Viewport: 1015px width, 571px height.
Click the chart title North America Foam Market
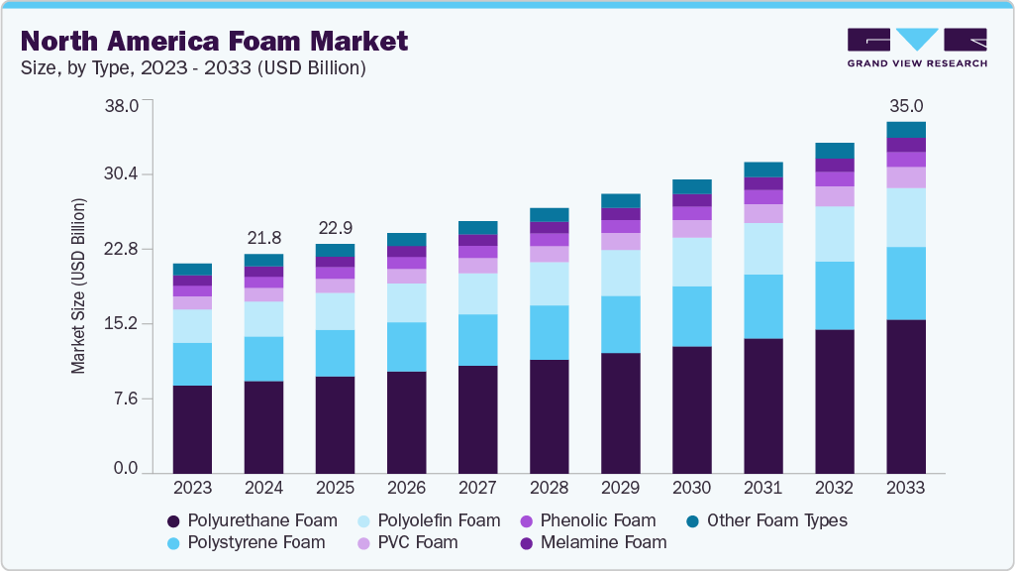click(214, 41)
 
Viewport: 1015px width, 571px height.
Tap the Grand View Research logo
click(917, 48)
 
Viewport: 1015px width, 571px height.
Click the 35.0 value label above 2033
click(905, 106)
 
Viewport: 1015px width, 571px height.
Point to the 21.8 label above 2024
click(263, 238)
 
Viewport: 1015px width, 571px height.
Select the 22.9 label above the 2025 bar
click(335, 228)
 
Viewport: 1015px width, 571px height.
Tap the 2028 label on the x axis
click(549, 488)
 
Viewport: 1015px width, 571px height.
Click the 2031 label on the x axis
click(762, 488)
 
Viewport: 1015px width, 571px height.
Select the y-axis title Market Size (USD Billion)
click(78, 285)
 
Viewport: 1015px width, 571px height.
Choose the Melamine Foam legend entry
click(605, 542)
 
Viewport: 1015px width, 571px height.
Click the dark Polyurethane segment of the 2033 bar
click(905, 397)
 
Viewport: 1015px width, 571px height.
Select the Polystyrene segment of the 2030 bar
click(691, 316)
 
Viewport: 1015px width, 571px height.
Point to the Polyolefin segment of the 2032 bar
click(834, 234)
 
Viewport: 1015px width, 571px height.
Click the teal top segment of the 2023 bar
click(192, 270)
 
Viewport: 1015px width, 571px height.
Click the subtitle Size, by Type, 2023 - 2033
click(194, 68)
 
